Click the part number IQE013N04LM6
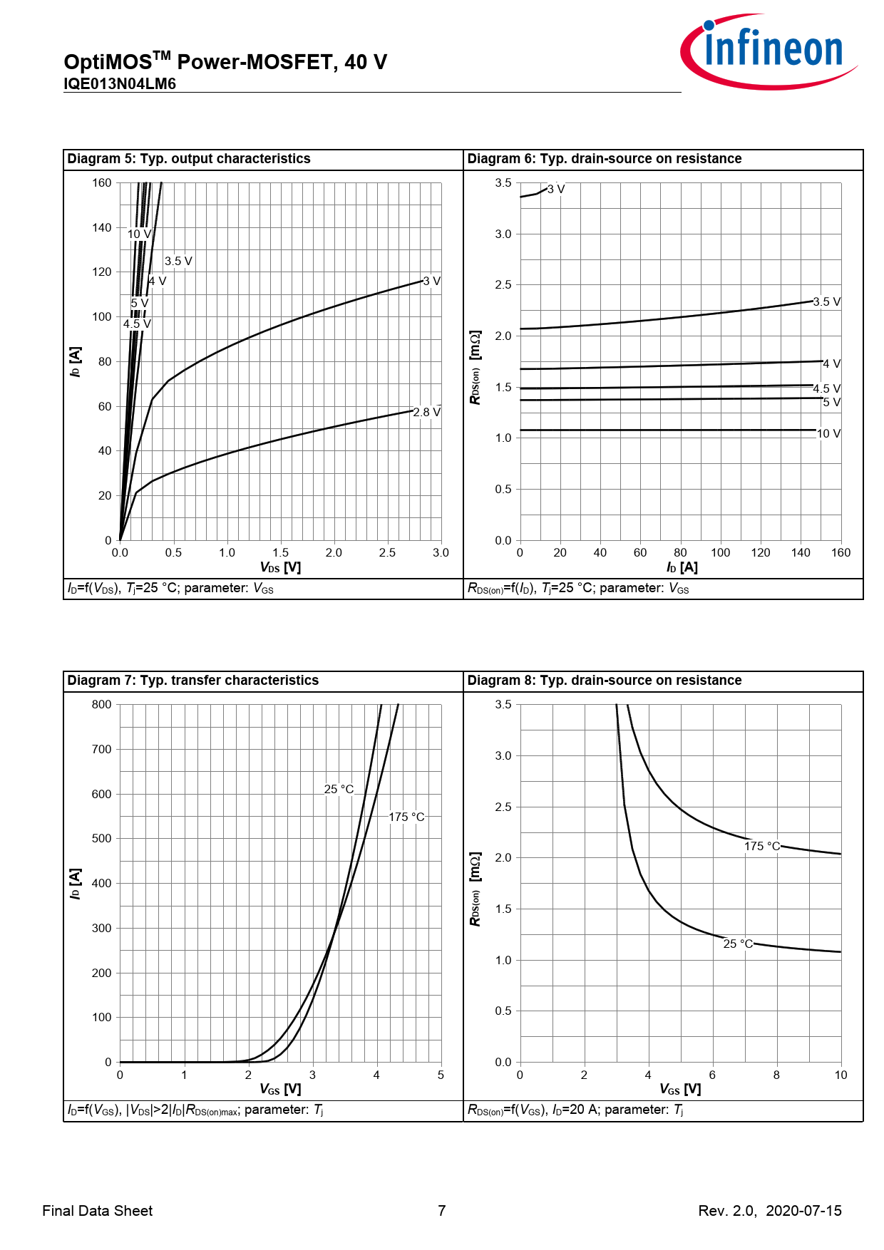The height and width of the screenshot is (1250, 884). pyautogui.click(x=120, y=84)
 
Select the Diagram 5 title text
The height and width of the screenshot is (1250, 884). pyautogui.click(x=189, y=159)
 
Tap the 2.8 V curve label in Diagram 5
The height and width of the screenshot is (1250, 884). pyautogui.click(x=426, y=413)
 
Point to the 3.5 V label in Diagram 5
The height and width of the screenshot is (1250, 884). pyautogui.click(x=178, y=262)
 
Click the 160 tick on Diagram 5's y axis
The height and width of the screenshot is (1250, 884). pyautogui.click(x=102, y=183)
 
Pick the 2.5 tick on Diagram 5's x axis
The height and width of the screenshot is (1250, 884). pyautogui.click(x=387, y=553)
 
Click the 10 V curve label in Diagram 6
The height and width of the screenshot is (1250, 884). pyautogui.click(x=828, y=434)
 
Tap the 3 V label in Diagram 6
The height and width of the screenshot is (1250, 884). pyautogui.click(x=556, y=190)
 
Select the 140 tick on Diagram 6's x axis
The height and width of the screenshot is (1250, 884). pyautogui.click(x=801, y=553)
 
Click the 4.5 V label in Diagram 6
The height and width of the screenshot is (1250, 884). pyautogui.click(x=826, y=389)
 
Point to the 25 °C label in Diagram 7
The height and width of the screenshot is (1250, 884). pyautogui.click(x=339, y=790)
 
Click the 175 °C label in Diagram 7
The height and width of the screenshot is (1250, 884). pyautogui.click(x=406, y=817)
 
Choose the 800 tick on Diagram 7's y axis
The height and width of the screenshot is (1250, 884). pyautogui.click(x=102, y=705)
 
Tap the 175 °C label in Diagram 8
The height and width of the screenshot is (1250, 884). pyautogui.click(x=762, y=847)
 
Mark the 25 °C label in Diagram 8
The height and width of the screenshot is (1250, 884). pyautogui.click(x=738, y=944)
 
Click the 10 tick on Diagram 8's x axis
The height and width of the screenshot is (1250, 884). pyautogui.click(x=841, y=1075)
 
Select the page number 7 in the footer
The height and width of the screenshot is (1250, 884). pyautogui.click(x=442, y=1211)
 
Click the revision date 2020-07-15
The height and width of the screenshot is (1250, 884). pyautogui.click(x=803, y=1211)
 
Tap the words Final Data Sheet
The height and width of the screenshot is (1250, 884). pyautogui.click(x=98, y=1211)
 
